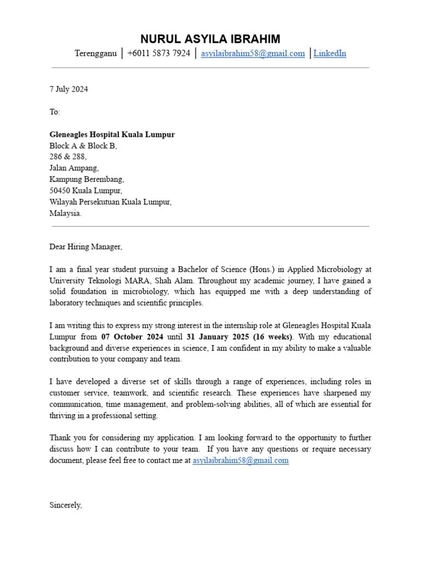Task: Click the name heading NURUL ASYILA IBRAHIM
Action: pos(210,39)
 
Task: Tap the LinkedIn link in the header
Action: pos(329,54)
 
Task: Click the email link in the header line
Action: pos(253,54)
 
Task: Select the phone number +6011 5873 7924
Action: pos(158,54)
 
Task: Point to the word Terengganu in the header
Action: pos(95,54)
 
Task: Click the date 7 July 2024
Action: pos(69,89)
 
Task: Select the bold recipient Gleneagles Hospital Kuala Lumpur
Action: pos(112,135)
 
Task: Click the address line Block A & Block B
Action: pos(83,146)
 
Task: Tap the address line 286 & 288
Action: pos(68,157)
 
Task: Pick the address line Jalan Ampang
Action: pos(74,169)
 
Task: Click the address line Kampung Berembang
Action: pos(87,180)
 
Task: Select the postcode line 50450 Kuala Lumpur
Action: pos(86,191)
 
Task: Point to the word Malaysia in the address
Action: pos(65,214)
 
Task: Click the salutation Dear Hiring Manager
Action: pos(86,247)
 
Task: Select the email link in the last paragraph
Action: pos(240,461)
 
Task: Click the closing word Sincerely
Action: pos(66,505)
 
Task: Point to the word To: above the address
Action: pos(55,112)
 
